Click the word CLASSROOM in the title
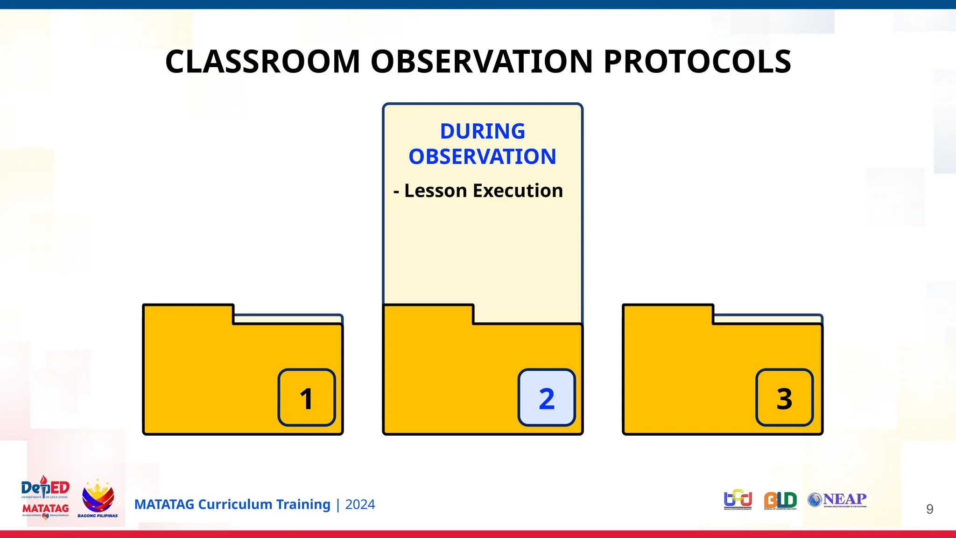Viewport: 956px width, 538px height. click(x=262, y=62)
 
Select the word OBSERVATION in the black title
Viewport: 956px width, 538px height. click(x=482, y=62)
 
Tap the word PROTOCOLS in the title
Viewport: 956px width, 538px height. click(x=697, y=62)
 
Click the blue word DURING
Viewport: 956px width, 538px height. click(x=482, y=131)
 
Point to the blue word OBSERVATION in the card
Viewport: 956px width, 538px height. click(x=482, y=156)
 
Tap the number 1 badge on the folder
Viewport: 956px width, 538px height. click(x=307, y=398)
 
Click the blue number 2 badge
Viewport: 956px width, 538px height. click(x=547, y=398)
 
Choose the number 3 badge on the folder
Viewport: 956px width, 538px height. click(x=784, y=398)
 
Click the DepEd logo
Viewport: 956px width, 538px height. click(x=45, y=488)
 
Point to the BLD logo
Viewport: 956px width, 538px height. click(x=780, y=501)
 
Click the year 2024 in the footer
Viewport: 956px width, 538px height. click(x=360, y=504)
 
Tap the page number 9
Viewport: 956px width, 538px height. click(x=929, y=509)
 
